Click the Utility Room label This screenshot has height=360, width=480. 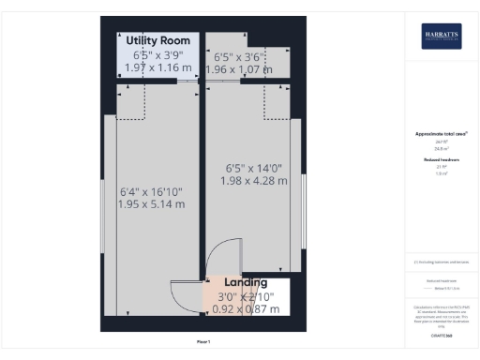click(x=157, y=40)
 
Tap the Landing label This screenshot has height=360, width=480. click(x=246, y=282)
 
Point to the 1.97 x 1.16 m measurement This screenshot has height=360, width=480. click(x=157, y=68)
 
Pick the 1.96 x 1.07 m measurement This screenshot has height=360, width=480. click(x=238, y=68)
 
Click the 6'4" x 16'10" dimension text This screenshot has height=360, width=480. click(x=151, y=191)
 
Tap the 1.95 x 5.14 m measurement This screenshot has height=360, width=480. click(x=152, y=204)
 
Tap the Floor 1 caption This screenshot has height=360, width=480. click(x=203, y=341)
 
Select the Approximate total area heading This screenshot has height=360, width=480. click(x=441, y=134)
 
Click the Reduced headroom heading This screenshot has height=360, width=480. click(x=441, y=159)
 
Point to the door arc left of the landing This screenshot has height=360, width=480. click(x=185, y=296)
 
